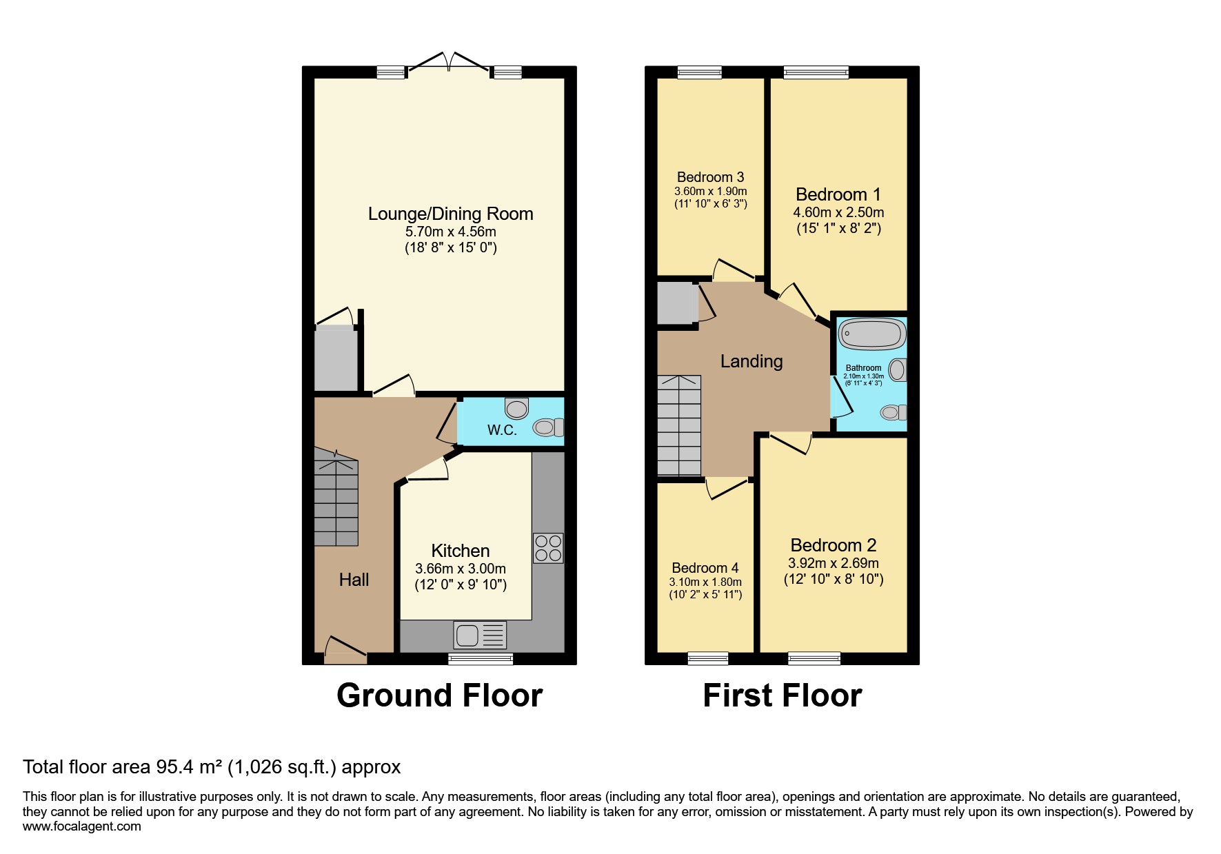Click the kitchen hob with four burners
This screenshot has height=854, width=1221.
click(x=548, y=548)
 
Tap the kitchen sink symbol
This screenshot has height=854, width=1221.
click(x=480, y=635)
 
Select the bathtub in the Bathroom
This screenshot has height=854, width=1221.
click(x=871, y=334)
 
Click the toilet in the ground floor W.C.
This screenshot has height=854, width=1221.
click(x=548, y=428)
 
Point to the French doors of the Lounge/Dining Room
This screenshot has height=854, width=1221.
click(x=449, y=63)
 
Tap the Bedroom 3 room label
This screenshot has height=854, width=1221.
click(x=710, y=177)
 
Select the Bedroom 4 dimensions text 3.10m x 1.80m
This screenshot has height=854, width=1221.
click(x=705, y=582)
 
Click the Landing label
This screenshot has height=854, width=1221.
click(x=751, y=361)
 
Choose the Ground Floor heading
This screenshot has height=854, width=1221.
click(x=439, y=695)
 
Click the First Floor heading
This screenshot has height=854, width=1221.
click(x=782, y=695)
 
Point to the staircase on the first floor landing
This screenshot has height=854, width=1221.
click(x=679, y=425)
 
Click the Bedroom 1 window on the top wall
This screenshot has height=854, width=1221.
click(x=816, y=72)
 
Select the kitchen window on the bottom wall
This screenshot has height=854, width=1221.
click(x=481, y=659)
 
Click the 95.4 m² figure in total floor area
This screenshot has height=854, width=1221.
click(x=189, y=767)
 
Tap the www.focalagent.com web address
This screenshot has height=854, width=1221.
click(x=81, y=826)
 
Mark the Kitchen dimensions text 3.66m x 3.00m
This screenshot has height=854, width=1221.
click(x=460, y=569)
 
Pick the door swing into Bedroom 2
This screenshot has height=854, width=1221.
click(x=791, y=443)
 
